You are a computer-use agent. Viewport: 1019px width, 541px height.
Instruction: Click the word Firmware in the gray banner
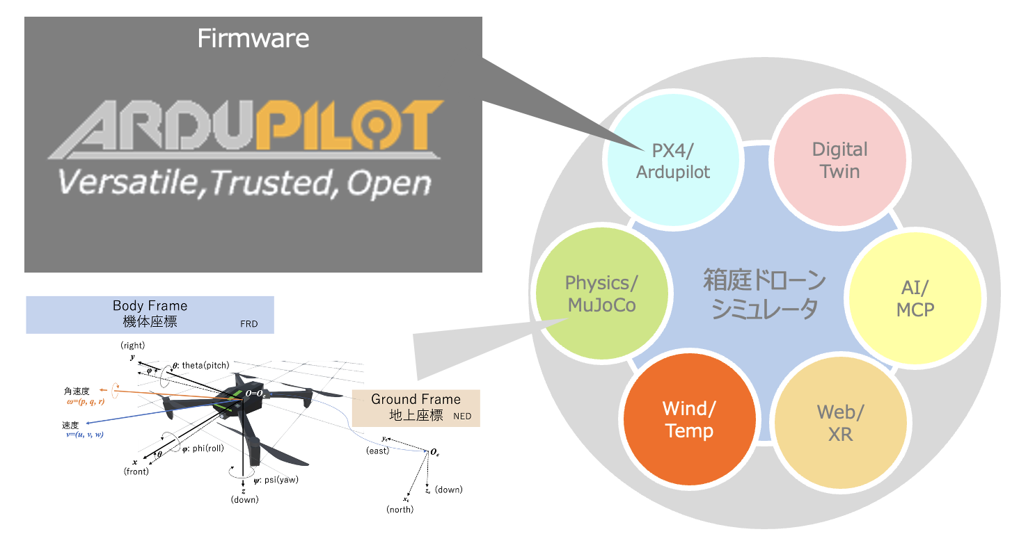253,38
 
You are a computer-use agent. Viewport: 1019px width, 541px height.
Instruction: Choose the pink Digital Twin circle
840,161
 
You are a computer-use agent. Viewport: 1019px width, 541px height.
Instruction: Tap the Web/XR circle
840,423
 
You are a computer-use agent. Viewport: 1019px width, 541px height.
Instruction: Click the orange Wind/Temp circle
689,419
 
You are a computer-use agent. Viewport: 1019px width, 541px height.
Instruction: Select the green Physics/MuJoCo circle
601,294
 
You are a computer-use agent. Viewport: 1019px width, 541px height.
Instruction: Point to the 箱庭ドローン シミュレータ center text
764,296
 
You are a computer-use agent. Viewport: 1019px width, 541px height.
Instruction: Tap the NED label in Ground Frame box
462,417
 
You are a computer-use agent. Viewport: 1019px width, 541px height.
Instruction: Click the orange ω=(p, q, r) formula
84,402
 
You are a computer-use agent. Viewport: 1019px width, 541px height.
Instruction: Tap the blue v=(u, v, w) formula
85,435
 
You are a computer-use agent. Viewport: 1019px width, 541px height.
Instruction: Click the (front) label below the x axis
136,471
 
